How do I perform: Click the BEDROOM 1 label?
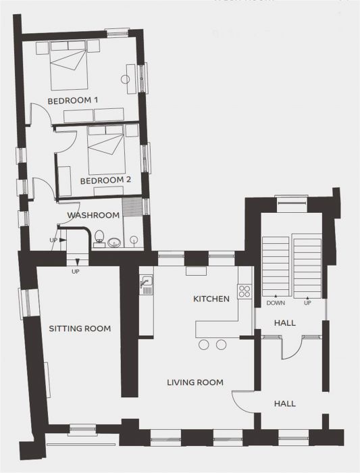(x=73, y=100)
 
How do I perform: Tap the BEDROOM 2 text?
(x=105, y=180)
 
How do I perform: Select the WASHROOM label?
(x=93, y=215)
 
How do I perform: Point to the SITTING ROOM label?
(x=80, y=328)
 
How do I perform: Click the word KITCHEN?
(x=211, y=299)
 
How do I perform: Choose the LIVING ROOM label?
(x=195, y=382)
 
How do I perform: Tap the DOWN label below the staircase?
(x=275, y=303)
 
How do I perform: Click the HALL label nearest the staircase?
(x=284, y=324)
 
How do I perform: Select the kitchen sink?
(x=145, y=284)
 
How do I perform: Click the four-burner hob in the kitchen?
(x=245, y=291)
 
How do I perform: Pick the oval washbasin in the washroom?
(x=113, y=243)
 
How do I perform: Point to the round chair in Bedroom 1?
(x=126, y=78)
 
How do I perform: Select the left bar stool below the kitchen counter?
(x=204, y=345)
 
